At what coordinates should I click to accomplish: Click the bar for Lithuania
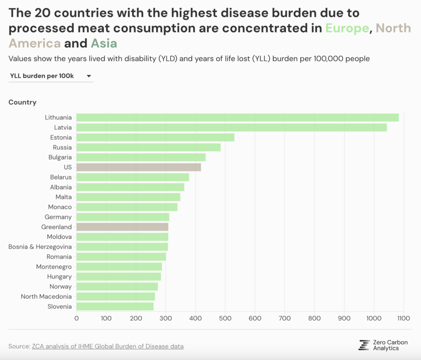point(238,118)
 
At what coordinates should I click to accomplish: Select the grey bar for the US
point(139,167)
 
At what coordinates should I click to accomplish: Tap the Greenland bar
point(122,227)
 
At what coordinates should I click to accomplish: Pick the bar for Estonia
point(155,137)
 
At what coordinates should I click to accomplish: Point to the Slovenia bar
point(115,307)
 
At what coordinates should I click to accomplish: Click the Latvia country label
point(63,127)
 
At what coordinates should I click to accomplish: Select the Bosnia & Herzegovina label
point(40,247)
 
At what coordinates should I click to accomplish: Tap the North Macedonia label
point(46,296)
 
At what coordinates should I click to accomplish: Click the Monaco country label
point(60,207)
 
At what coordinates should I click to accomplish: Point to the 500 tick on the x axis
point(225,318)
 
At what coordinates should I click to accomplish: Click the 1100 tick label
point(404,318)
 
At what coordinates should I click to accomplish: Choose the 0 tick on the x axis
point(76,318)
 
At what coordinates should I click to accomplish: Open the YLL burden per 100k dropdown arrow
point(89,76)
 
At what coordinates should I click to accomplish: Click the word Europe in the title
point(347,28)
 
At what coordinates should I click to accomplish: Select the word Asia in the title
point(104,43)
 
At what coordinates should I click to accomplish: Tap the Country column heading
point(23,102)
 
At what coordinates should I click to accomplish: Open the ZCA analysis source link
point(108,346)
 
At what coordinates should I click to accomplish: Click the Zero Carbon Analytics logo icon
point(364,345)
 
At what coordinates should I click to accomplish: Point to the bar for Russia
point(148,147)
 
